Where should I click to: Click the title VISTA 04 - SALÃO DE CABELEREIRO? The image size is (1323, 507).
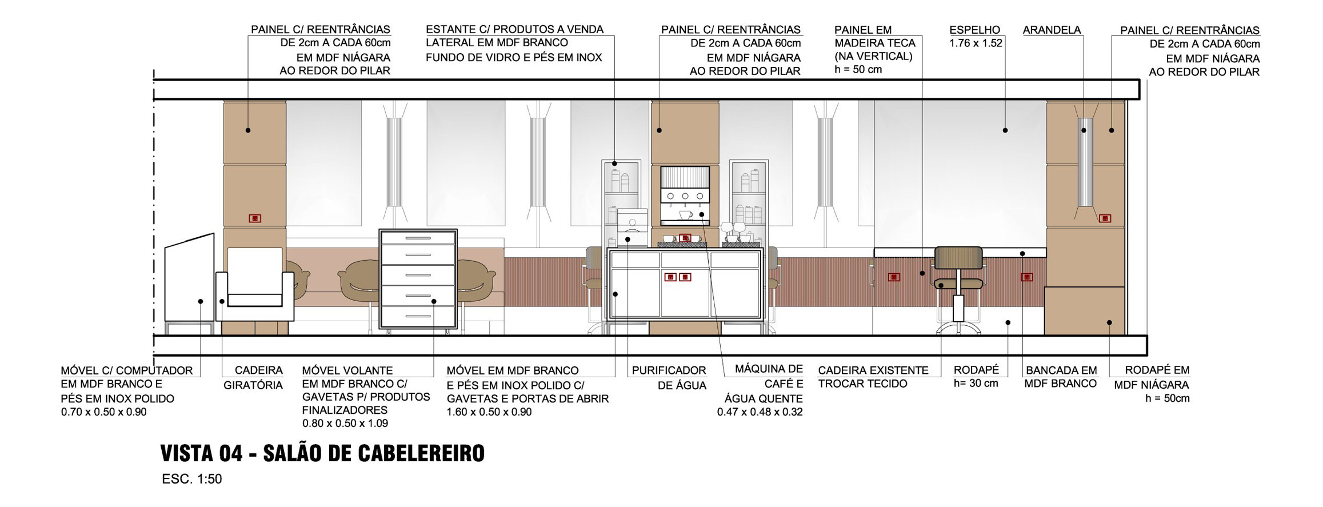(322, 453)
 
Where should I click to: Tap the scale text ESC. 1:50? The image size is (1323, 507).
(192, 479)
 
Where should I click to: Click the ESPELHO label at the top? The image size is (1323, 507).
(975, 30)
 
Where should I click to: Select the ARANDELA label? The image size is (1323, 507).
(1052, 30)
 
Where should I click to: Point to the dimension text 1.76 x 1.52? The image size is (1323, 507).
(976, 43)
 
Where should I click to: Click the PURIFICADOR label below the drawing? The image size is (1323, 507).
(669, 370)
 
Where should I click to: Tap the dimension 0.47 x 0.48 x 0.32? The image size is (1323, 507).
(760, 412)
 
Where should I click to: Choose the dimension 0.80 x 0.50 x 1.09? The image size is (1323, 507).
(345, 424)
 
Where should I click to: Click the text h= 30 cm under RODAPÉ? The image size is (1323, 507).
(976, 384)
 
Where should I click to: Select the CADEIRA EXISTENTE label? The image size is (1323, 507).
(873, 370)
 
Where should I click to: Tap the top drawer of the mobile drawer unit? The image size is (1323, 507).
(418, 238)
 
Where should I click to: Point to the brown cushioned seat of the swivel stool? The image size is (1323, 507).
(960, 283)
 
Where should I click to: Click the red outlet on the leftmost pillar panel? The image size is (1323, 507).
(255, 218)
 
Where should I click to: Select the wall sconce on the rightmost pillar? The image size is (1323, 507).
(1085, 162)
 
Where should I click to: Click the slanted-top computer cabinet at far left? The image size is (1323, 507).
(189, 284)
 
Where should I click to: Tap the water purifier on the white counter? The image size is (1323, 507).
(632, 228)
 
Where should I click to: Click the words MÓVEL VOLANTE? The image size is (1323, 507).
(347, 370)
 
